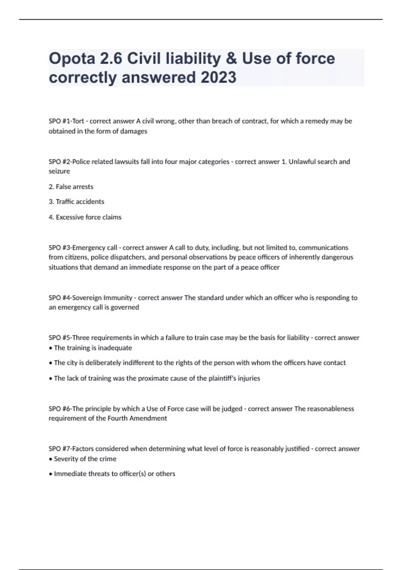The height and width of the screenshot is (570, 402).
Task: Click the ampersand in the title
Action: pyautogui.click(x=231, y=59)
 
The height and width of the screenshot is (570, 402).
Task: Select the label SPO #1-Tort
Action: pyautogui.click(x=66, y=121)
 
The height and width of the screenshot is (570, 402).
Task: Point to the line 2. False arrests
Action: pyautogui.click(x=71, y=187)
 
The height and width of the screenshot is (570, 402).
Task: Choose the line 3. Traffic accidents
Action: pyautogui.click(x=76, y=202)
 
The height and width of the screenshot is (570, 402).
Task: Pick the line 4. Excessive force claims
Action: pyautogui.click(x=85, y=217)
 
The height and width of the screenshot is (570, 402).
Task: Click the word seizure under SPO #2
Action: pyautogui.click(x=59, y=171)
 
